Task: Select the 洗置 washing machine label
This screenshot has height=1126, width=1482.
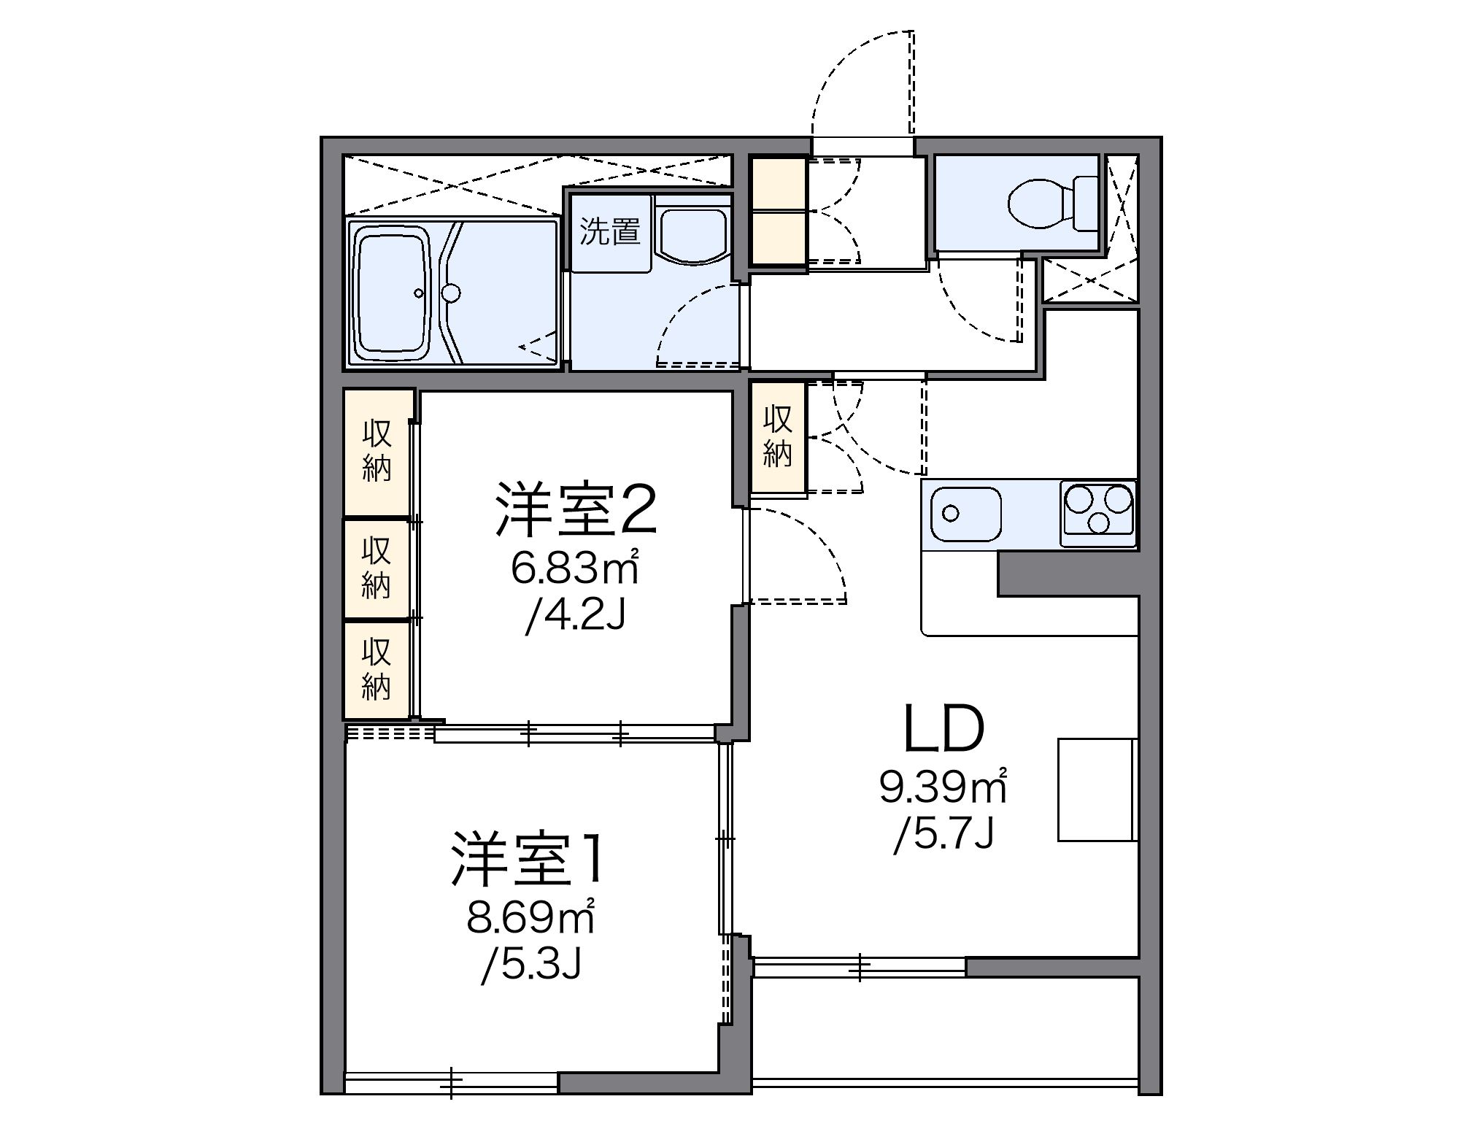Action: coord(609,232)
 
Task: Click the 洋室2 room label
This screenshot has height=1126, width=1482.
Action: coord(576,509)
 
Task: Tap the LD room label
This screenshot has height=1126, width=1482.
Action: coord(943,730)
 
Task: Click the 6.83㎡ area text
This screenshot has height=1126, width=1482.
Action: coord(574,570)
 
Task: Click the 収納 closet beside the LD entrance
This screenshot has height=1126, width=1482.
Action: coord(778,436)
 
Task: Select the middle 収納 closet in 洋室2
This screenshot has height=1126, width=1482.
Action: coord(377,568)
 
